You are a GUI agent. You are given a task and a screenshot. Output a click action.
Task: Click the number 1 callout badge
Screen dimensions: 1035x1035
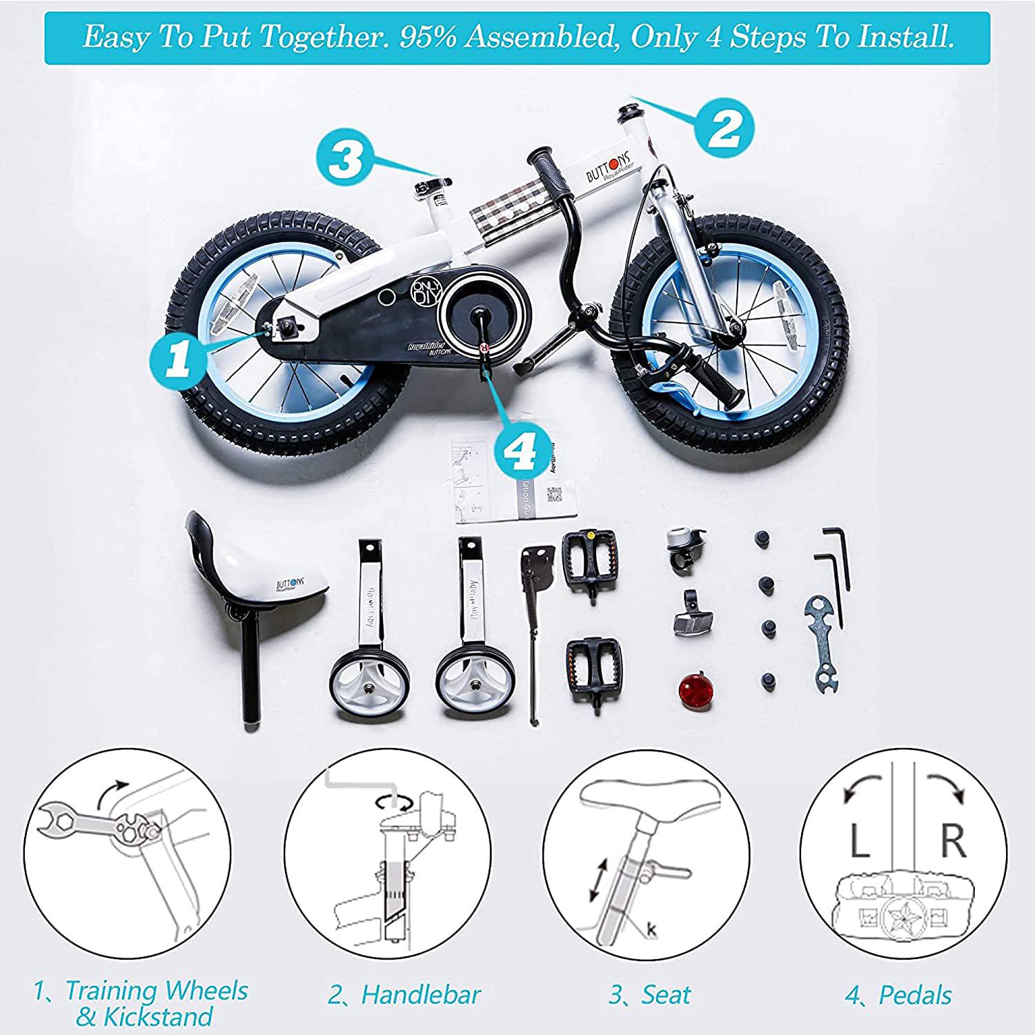(x=178, y=360)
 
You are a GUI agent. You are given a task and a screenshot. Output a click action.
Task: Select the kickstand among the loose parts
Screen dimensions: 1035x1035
(x=535, y=621)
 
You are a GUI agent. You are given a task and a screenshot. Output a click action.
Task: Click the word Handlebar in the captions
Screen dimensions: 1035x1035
(x=421, y=995)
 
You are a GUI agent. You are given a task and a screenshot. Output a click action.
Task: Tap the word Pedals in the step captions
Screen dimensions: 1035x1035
(x=915, y=995)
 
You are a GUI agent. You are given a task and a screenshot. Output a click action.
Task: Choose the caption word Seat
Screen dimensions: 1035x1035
(x=666, y=995)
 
